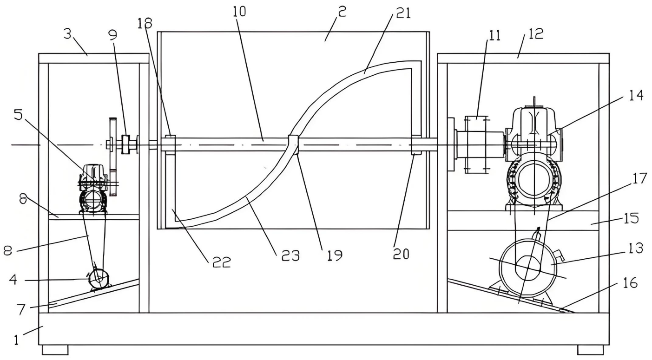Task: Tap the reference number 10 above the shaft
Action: [x=240, y=12]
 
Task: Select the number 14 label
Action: [x=636, y=96]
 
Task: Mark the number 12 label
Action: [x=536, y=34]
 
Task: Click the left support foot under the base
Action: [x=55, y=349]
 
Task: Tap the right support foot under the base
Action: [x=590, y=349]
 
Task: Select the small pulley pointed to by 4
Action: [x=99, y=279]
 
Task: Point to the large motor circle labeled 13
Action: [x=527, y=268]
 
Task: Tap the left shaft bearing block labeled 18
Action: [x=169, y=144]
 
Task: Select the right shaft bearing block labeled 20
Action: [x=417, y=144]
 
